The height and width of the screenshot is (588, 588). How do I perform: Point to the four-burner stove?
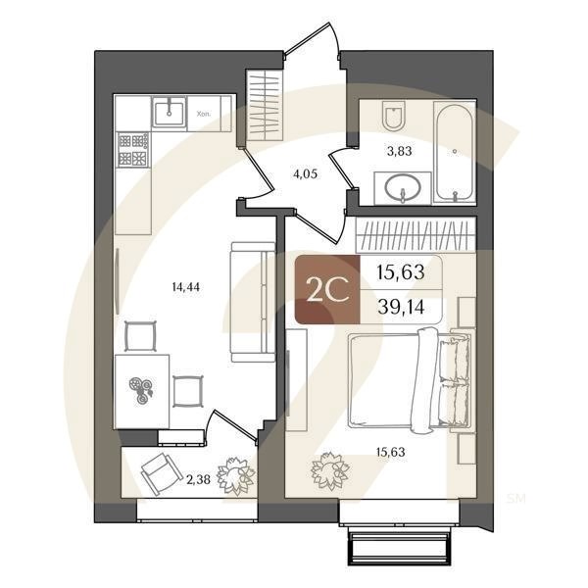(x=132, y=150)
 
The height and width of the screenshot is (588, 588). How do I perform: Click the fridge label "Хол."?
(x=204, y=113)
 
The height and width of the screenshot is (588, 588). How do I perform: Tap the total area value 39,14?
(x=401, y=306)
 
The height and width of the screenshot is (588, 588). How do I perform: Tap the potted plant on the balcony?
(x=235, y=476)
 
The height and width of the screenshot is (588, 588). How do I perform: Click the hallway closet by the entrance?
(x=261, y=105)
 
